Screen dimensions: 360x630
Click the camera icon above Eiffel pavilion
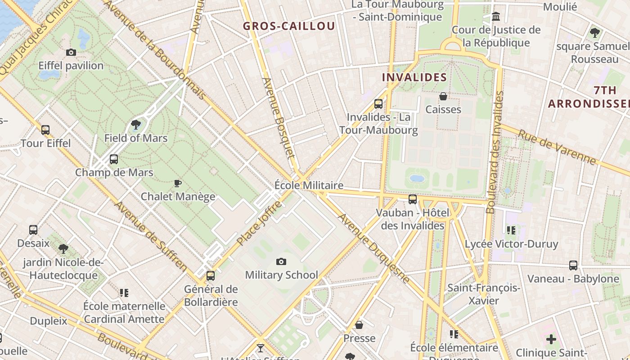[x=71, y=53]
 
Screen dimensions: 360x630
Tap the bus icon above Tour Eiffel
[x=45, y=130]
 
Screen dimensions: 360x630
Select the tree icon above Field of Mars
[x=135, y=125]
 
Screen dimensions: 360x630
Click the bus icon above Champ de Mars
[x=114, y=159]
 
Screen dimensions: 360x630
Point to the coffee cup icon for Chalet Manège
[x=178, y=183]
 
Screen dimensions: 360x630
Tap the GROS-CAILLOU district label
[x=289, y=26]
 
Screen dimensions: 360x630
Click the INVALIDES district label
[x=414, y=77]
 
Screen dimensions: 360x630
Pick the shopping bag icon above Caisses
[x=443, y=96]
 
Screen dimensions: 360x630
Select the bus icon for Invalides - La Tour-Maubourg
[x=378, y=104]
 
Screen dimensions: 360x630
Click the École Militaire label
[x=309, y=185]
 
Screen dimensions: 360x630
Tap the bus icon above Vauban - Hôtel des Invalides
[x=413, y=199]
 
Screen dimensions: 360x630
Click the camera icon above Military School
[x=281, y=261]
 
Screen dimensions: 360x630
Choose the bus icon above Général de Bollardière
[x=211, y=276]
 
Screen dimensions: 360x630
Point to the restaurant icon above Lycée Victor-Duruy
[x=511, y=231]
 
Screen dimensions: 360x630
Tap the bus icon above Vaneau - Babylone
[x=573, y=265]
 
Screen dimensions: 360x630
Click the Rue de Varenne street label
[x=557, y=147]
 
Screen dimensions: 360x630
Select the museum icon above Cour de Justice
[x=496, y=17]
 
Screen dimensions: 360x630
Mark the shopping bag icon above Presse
[x=359, y=325]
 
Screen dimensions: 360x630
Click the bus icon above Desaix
[x=33, y=230]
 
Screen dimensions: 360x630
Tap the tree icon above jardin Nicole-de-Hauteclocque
[x=63, y=248]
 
